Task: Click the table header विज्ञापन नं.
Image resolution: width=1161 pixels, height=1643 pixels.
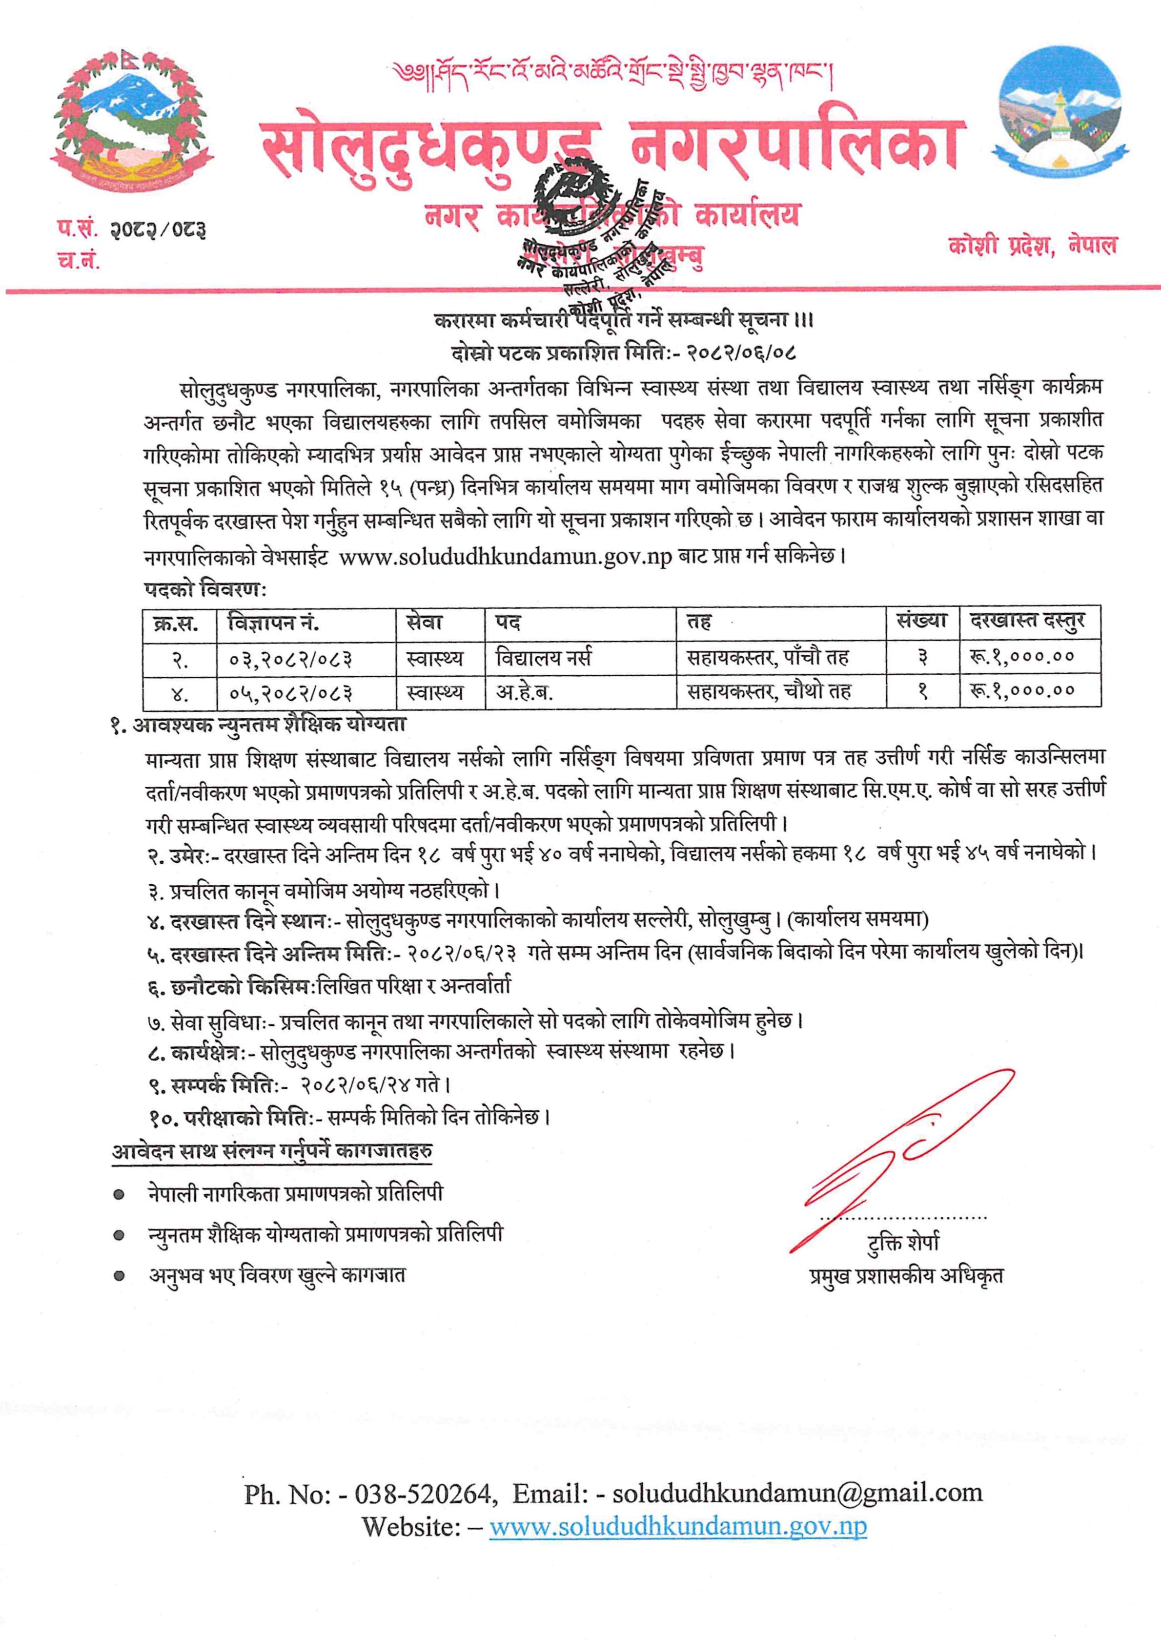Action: coord(274,624)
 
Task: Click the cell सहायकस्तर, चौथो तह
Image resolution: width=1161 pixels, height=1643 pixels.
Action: coord(769,691)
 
